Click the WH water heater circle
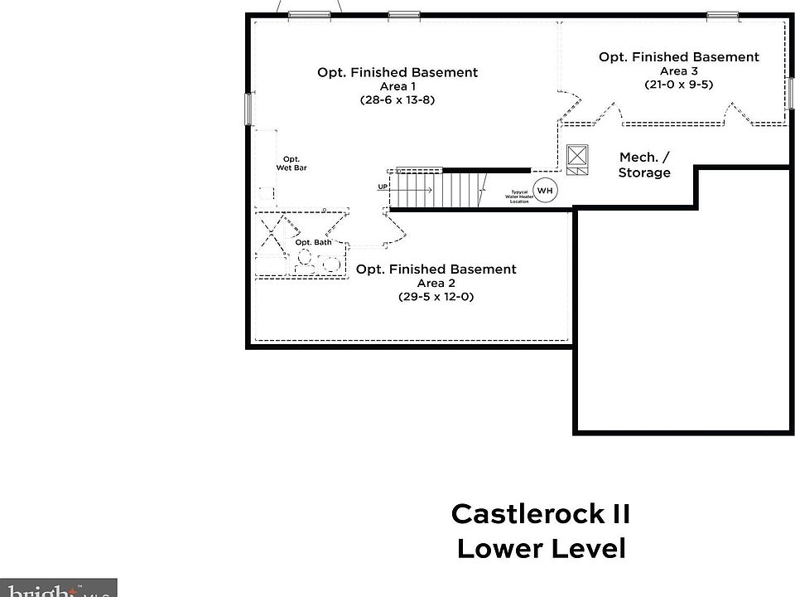[544, 192]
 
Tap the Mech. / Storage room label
[644, 165]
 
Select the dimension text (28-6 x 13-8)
[397, 99]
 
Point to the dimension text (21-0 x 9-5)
[678, 84]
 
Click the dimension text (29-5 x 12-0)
[436, 296]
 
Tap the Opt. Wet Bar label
[291, 163]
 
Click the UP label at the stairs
[383, 187]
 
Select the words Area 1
[397, 86]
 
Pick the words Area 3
[678, 70]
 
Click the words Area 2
[436, 283]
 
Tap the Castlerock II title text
[541, 514]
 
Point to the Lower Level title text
[541, 548]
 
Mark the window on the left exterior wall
[248, 109]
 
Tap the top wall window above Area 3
[722, 15]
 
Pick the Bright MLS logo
[58, 589]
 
